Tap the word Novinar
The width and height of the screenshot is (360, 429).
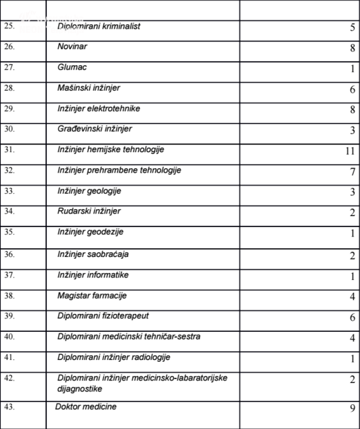coord(72,47)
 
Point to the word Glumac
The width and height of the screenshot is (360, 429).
coord(72,67)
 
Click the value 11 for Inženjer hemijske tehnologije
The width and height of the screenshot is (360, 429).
coord(349,152)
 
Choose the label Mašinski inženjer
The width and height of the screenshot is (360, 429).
coord(88,88)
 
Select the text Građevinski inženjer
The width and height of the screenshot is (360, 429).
coord(95,129)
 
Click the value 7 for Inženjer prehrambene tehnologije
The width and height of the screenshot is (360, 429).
coord(352,172)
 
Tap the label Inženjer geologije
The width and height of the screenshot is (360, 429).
coord(90,191)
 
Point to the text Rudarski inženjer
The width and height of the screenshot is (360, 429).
coord(89,212)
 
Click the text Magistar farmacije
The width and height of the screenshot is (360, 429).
coord(92,295)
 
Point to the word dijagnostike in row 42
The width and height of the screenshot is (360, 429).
coord(80,388)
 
